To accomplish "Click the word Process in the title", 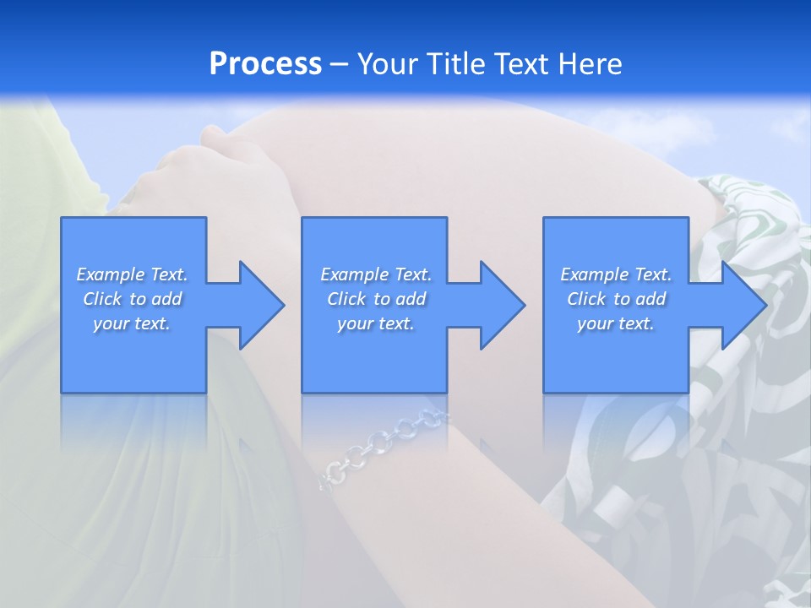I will (x=265, y=64).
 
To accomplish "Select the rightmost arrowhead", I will (x=743, y=305).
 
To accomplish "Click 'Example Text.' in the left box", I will (x=132, y=274).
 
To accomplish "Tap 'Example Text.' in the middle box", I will (x=376, y=274).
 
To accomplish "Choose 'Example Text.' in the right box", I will (x=616, y=274).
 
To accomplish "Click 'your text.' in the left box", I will (x=132, y=323).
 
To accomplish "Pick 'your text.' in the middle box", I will (x=376, y=323).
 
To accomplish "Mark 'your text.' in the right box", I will (x=616, y=323).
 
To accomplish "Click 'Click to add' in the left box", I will (x=132, y=299).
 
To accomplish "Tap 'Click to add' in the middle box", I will (x=376, y=299).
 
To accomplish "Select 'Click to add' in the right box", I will (x=616, y=299).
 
